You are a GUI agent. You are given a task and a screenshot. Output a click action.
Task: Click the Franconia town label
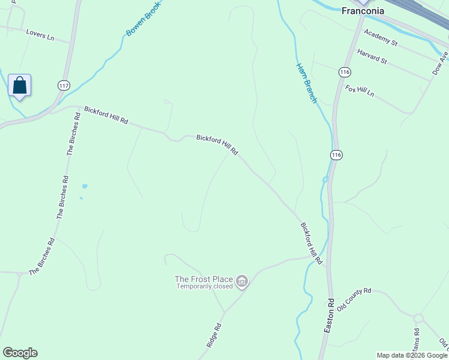pos(363,10)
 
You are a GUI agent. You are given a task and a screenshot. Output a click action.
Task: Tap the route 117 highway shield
pos(64,85)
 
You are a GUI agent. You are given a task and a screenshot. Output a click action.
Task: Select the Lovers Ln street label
pos(40,35)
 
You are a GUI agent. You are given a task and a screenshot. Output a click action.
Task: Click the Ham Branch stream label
pos(306,83)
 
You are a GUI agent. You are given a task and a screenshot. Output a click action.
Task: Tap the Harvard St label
pos(372,57)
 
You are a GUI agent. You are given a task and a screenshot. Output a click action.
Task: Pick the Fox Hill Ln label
pos(360,91)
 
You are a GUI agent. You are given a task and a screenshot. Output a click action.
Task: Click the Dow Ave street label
pos(440,62)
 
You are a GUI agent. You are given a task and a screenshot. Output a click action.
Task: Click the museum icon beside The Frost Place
pos(242,281)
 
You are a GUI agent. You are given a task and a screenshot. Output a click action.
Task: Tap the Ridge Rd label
pos(214,335)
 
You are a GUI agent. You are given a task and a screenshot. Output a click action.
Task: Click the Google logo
pos(20,353)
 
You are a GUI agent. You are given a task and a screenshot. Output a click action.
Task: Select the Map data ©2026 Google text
pos(412,355)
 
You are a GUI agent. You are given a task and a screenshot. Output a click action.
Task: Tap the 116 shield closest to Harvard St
pos(344,72)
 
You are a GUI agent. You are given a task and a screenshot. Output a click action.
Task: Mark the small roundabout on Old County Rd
pos(418,317)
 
